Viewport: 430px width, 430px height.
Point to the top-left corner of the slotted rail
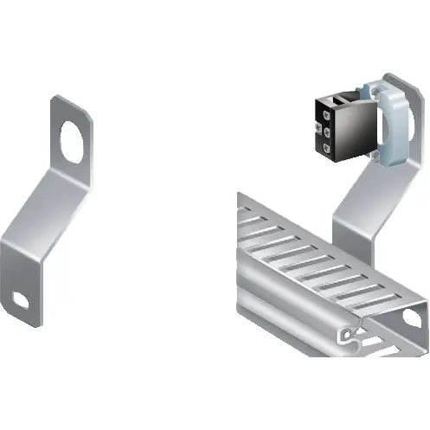[240, 198]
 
